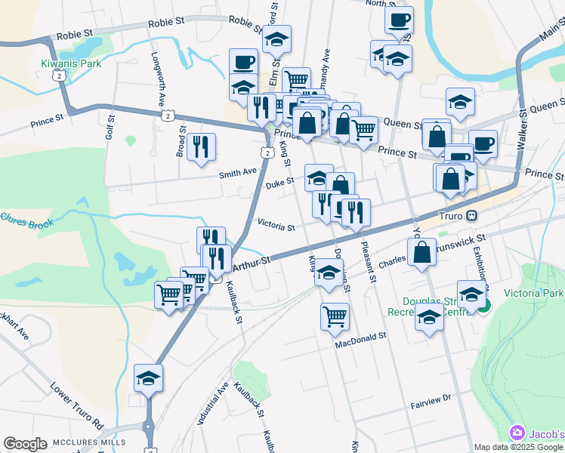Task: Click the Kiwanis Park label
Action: coord(71,63)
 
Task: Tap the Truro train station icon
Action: coord(471,215)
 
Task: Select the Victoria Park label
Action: coord(533,293)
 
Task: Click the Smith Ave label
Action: coord(238,173)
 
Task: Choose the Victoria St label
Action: coord(276,226)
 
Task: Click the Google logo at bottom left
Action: coord(25,444)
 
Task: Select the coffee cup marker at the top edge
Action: coord(399,20)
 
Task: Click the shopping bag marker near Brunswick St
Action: coord(422,252)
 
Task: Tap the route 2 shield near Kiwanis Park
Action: coord(57,75)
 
